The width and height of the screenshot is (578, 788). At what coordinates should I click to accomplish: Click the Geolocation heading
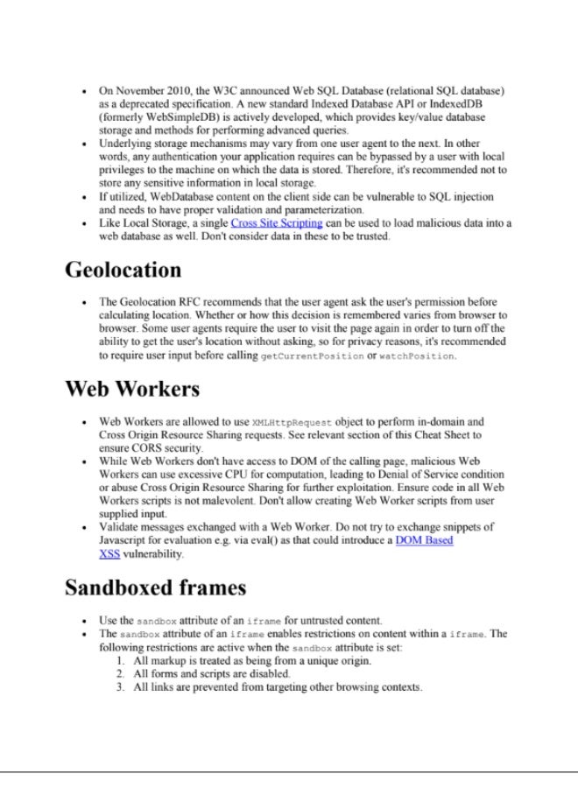pyautogui.click(x=123, y=270)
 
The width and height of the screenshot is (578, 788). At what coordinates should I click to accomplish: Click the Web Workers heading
pyautogui.click(x=132, y=388)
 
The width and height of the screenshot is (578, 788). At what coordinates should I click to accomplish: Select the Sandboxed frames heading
pyautogui.click(x=155, y=587)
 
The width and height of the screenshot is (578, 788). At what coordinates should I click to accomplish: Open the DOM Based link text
pyautogui.click(x=425, y=541)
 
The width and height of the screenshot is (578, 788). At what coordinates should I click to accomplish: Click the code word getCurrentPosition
pyautogui.click(x=312, y=357)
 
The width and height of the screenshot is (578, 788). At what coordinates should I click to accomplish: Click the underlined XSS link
pyautogui.click(x=109, y=554)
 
